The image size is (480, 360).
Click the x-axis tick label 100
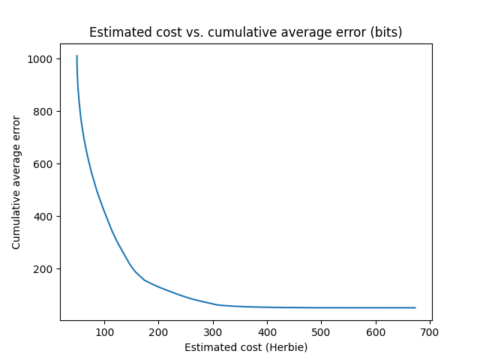(x=104, y=331)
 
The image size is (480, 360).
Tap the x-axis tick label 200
(x=159, y=331)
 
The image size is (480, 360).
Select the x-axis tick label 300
(x=213, y=331)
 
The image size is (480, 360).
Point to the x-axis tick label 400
(x=267, y=331)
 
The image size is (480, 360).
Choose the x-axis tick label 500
(x=321, y=331)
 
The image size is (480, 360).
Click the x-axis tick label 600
(x=376, y=331)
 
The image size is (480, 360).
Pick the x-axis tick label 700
(x=430, y=331)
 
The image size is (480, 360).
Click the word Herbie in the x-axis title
(x=286, y=347)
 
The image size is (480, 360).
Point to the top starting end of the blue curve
(x=76, y=55)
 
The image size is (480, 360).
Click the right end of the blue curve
(x=415, y=307)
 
